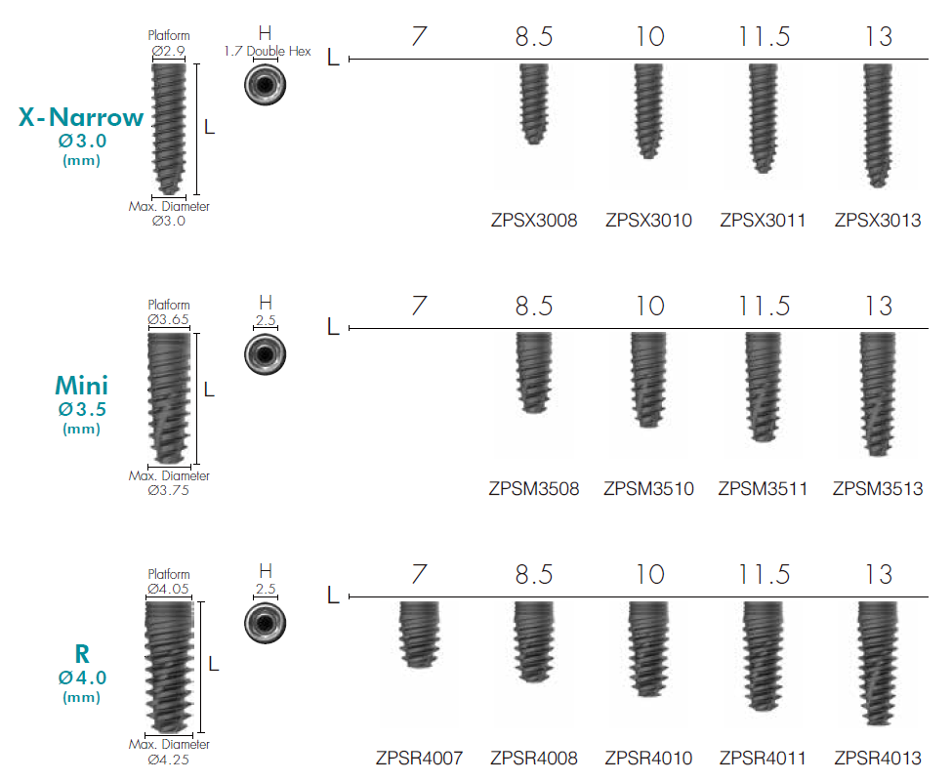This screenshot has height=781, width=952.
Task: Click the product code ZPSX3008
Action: pos(534,221)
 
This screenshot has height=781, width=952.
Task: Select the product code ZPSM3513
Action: pos(878,489)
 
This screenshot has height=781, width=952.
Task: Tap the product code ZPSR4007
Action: pos(419,758)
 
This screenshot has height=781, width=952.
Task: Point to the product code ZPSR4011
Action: pos(763,758)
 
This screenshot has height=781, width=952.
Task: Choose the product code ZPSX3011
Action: pos(763,221)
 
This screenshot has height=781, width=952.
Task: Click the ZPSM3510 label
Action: pos(648,489)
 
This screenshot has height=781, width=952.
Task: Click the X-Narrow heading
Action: pos(81,118)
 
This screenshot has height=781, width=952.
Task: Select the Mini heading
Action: pos(81,387)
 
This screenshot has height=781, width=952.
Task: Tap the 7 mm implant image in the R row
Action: pos(421,635)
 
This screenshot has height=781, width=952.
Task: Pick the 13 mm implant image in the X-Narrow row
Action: pos(878,125)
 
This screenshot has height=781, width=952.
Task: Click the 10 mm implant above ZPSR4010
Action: pos(648,649)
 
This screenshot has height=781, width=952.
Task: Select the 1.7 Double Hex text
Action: pos(267,51)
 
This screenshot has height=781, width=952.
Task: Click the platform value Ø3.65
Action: pos(168,319)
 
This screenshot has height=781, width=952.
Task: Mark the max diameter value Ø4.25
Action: pos(168,759)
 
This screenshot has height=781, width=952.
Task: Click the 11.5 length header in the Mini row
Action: pos(763,307)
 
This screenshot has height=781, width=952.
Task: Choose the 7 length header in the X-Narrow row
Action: pos(419,37)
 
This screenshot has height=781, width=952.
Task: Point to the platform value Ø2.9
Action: pos(168,50)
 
